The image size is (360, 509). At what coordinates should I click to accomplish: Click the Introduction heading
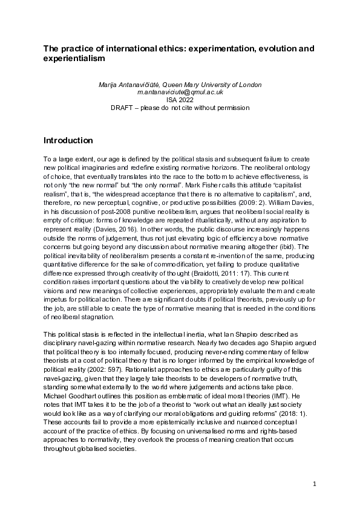[x=68, y=140]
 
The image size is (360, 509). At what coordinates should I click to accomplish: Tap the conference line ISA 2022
[x=180, y=100]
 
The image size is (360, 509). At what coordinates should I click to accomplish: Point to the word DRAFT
[x=142, y=108]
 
